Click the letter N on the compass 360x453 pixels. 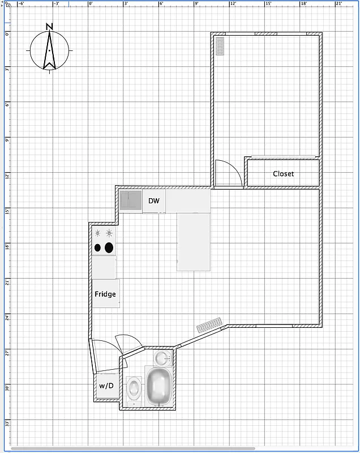coord(50,27)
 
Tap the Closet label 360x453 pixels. coord(283,174)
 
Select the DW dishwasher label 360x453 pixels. coord(154,201)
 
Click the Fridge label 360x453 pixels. coord(105,294)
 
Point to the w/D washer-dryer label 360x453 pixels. coord(106,386)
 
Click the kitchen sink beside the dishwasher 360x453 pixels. coord(131,200)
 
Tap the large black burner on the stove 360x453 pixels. coord(109,247)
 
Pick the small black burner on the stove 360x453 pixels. coord(98,247)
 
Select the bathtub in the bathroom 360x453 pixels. coord(158,386)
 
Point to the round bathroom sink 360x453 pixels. coord(162,358)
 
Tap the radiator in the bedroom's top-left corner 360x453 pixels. coord(220,46)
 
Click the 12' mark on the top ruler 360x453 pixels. coord(233,3)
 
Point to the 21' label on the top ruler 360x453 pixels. coord(339,3)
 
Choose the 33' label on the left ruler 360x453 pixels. coord(7,423)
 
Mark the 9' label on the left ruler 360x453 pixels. coord(7,140)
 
